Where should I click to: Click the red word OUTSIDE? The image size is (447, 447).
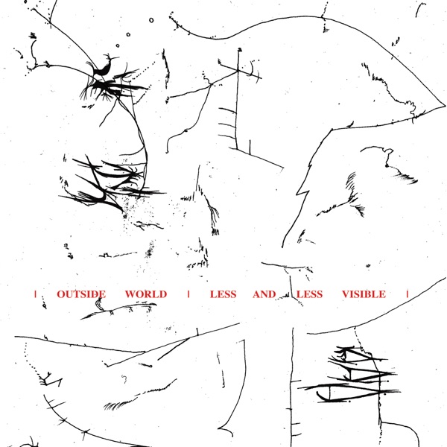81,294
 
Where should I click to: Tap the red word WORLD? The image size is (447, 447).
146,294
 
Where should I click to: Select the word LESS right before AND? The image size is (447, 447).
223,294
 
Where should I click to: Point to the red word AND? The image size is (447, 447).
264,294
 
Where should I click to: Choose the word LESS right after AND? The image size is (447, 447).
310,294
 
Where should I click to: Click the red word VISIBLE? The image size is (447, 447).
364,294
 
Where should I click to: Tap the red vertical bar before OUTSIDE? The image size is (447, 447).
35,294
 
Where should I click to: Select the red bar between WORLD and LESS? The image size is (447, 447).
188,294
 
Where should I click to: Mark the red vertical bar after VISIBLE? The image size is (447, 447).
408,294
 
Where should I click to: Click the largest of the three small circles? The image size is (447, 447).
151,20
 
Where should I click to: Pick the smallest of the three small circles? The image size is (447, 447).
118,45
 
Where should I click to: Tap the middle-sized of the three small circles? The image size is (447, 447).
128,34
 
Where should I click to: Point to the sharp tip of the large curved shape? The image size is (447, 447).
446,106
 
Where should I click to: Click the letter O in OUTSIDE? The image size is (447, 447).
61,294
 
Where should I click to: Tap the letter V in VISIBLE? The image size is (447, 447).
346,294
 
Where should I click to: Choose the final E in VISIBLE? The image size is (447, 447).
383,294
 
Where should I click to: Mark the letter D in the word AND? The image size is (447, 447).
273,294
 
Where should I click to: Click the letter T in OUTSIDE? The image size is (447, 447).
75,294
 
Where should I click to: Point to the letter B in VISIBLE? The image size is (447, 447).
370,294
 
